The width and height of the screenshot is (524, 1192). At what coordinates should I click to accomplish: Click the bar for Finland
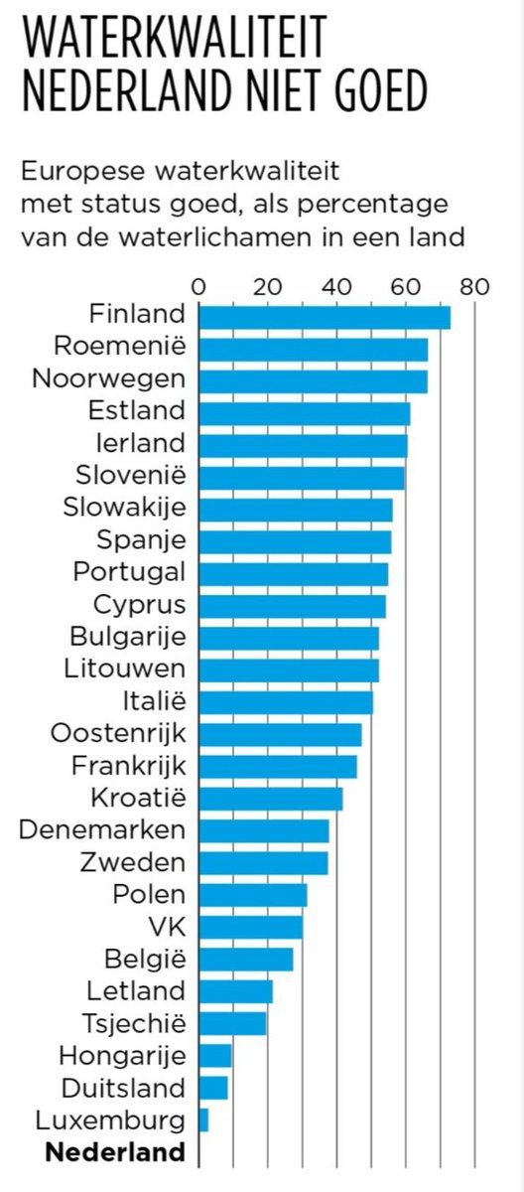pos(325,316)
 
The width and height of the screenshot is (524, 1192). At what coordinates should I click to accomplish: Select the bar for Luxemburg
pos(203,1120)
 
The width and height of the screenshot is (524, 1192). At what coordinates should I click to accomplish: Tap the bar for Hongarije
pos(215,1055)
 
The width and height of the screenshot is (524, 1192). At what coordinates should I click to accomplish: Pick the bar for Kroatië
pos(270,798)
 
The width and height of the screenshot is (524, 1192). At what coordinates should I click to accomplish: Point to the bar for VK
pos(250,927)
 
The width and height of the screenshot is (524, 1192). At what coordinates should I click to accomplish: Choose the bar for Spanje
pos(295,541)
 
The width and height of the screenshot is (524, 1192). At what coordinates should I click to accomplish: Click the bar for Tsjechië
pos(232,1023)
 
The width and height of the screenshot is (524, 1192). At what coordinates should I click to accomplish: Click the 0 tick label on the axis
pos(199,286)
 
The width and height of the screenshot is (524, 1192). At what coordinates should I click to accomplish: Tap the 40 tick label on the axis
pos(337,286)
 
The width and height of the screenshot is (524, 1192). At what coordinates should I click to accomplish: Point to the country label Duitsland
pos(122,1088)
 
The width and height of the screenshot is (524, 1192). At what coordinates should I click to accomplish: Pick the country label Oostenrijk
pos(117,734)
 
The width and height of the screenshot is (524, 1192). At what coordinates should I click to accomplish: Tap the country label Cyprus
pos(139,605)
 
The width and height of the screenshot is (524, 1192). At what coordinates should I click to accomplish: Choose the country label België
pos(144,960)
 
